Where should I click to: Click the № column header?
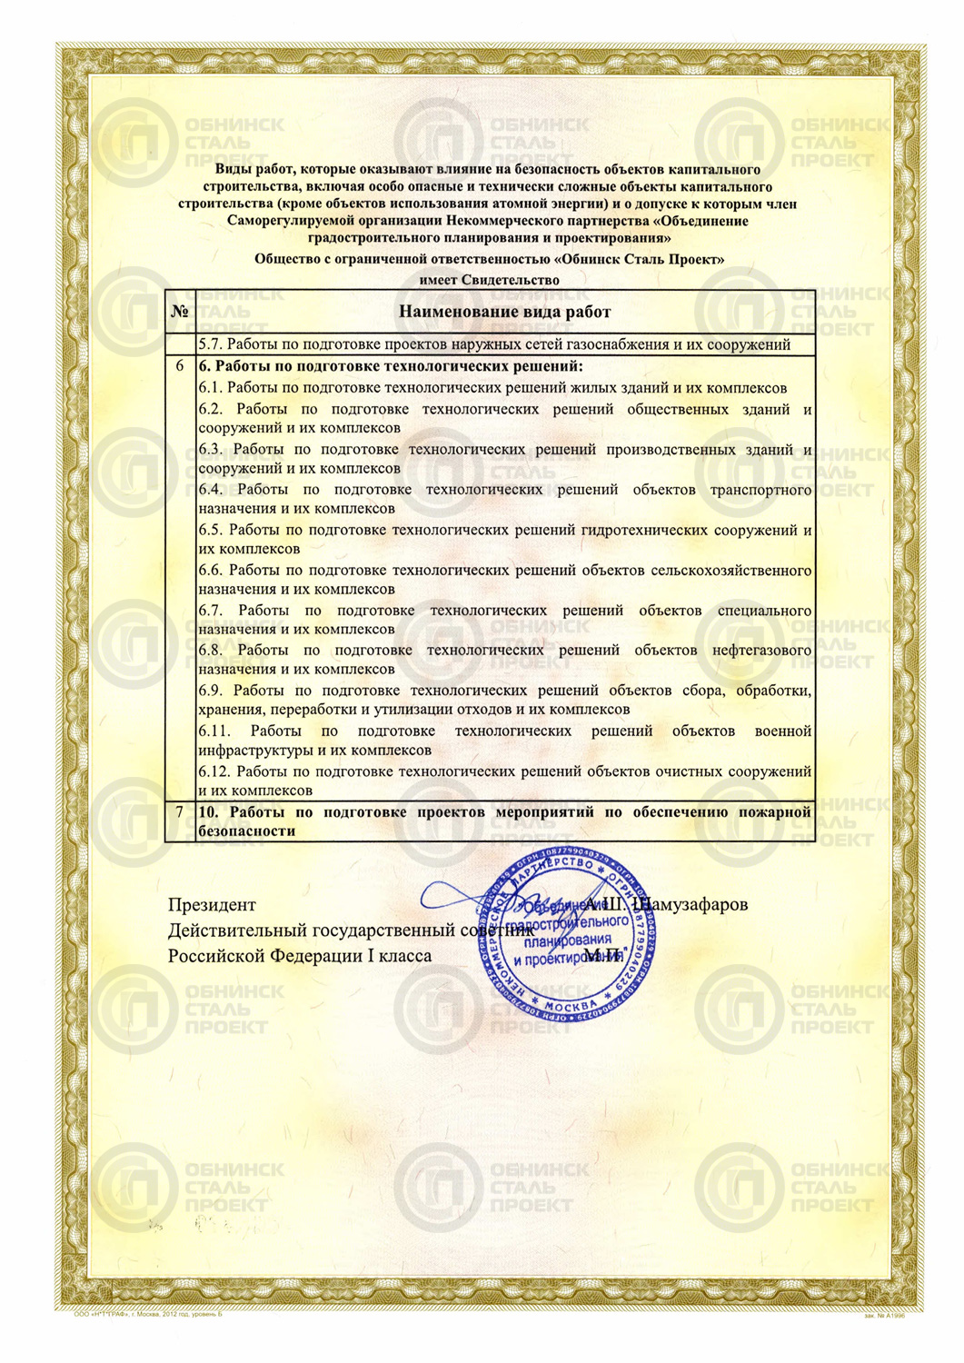(x=180, y=312)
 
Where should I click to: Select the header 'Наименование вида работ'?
(x=504, y=312)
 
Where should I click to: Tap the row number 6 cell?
(x=180, y=366)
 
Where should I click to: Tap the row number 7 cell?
(x=180, y=811)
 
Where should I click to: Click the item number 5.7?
(x=210, y=344)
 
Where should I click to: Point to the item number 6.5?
(x=210, y=530)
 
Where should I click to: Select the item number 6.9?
(x=212, y=691)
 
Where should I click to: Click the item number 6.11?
(x=214, y=731)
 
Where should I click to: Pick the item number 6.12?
(x=214, y=771)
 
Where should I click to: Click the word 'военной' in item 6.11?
(x=782, y=731)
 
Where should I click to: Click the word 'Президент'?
(x=212, y=905)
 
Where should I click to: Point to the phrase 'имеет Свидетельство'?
(x=489, y=280)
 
